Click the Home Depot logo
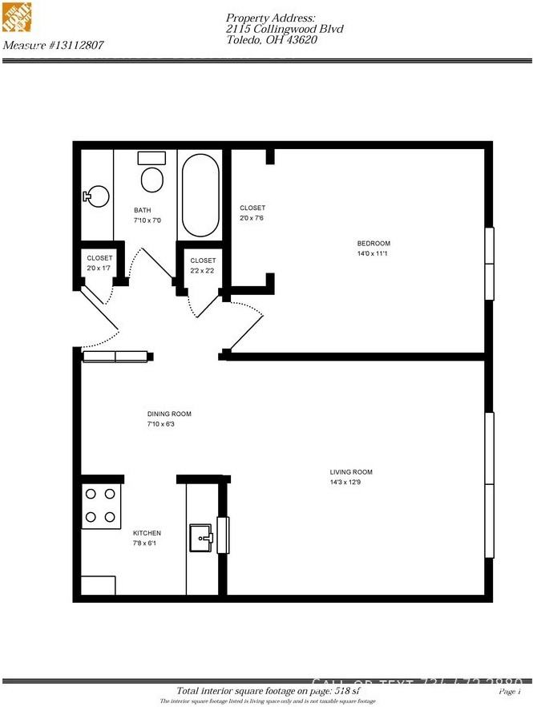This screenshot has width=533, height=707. [18, 18]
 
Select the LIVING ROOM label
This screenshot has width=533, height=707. [351, 472]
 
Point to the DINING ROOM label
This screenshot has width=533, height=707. [169, 414]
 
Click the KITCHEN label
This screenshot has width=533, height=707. [147, 533]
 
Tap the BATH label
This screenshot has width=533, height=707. [143, 211]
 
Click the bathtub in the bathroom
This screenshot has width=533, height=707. [199, 195]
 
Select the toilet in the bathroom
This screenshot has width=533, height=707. [151, 175]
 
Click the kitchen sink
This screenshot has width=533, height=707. [201, 537]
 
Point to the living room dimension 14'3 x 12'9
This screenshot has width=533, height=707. [351, 483]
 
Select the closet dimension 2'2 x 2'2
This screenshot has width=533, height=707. [203, 271]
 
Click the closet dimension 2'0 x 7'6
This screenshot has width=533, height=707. [252, 218]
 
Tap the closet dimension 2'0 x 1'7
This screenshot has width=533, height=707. [99, 268]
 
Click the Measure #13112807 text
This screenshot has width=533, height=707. [53, 46]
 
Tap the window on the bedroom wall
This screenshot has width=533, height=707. [489, 264]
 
